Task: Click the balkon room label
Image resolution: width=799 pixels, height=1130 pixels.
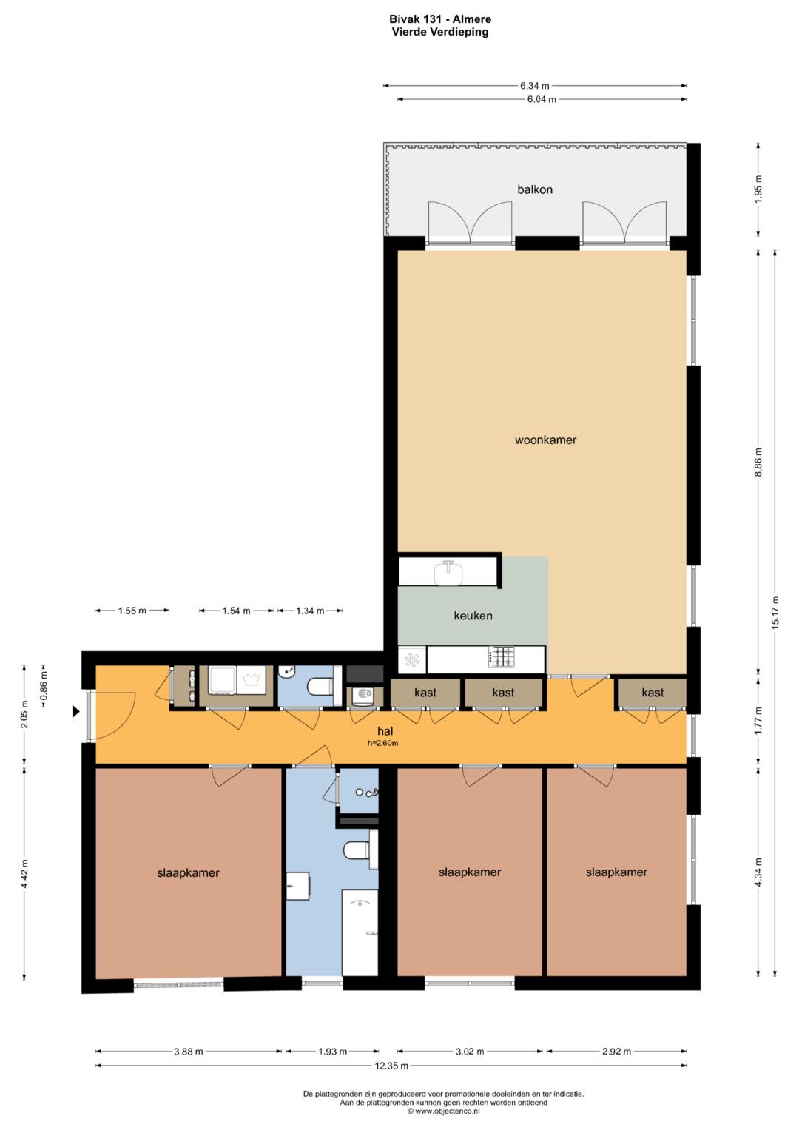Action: pyautogui.click(x=535, y=189)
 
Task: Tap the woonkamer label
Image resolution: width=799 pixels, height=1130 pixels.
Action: pyautogui.click(x=545, y=440)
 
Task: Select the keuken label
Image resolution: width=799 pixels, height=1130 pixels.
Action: pyautogui.click(x=473, y=616)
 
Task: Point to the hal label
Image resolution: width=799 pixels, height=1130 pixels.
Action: pyautogui.click(x=385, y=731)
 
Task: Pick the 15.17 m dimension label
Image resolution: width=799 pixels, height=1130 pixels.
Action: pyautogui.click(x=775, y=611)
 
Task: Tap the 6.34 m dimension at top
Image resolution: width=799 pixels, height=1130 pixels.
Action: pyautogui.click(x=535, y=86)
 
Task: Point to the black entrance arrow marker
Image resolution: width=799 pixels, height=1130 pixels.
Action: pyautogui.click(x=75, y=711)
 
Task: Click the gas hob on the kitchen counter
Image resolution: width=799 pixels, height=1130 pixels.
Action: pyautogui.click(x=500, y=657)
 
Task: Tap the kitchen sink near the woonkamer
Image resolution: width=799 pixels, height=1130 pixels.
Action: pyautogui.click(x=448, y=572)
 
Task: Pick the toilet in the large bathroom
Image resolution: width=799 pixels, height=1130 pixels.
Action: pyautogui.click(x=357, y=850)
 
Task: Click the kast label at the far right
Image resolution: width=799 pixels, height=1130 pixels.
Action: pyautogui.click(x=653, y=693)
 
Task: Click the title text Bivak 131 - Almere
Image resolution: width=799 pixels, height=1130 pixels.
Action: pyautogui.click(x=440, y=19)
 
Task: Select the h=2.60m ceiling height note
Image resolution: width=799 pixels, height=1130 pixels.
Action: pyautogui.click(x=383, y=743)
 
